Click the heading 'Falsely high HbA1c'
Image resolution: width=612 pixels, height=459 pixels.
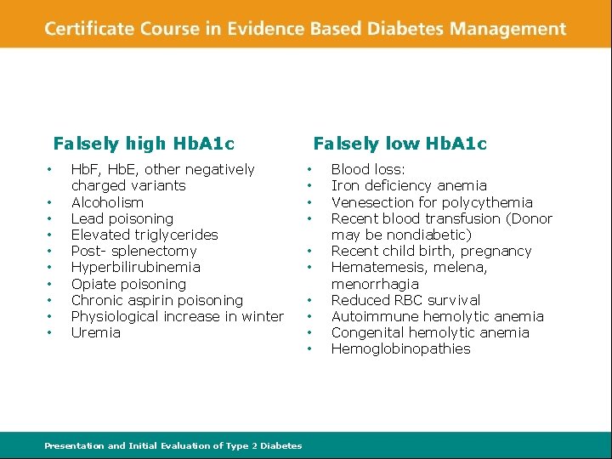[x=144, y=144]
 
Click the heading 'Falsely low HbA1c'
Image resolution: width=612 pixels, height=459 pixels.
[x=400, y=144]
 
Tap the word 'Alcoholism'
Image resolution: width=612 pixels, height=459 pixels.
[x=107, y=202]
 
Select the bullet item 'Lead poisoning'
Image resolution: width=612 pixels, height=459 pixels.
[x=122, y=218]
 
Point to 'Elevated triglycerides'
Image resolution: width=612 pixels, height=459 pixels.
[x=144, y=235]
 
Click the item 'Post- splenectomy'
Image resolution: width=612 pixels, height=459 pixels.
[x=133, y=251]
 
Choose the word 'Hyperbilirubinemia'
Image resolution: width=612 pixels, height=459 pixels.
[x=136, y=267]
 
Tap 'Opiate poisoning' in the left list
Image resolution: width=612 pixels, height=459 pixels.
[x=128, y=284]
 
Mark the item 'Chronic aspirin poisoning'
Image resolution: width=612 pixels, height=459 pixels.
[x=157, y=300]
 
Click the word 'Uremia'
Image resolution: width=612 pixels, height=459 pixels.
[x=96, y=332]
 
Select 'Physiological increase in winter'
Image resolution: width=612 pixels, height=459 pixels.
[x=178, y=316]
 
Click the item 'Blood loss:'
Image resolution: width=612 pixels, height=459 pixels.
[x=368, y=170]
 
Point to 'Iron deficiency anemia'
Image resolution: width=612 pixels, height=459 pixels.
[x=409, y=185]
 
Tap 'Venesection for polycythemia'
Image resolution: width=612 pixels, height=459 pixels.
[x=432, y=202]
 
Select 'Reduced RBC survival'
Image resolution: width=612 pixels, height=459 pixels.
[x=405, y=300]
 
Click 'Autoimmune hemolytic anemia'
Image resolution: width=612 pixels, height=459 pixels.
[x=437, y=316]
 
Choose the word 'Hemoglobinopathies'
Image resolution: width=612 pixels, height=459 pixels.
[x=400, y=348]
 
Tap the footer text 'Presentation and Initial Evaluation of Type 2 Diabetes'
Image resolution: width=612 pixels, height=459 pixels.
[x=173, y=445]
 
